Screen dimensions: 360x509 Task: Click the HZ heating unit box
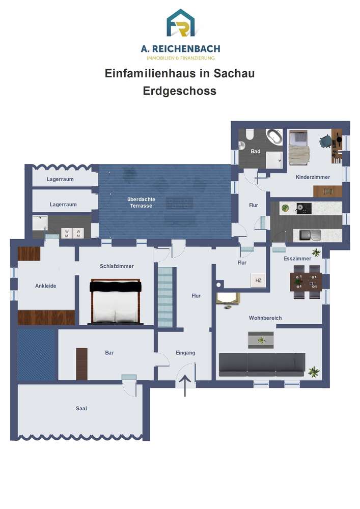(x=258, y=280)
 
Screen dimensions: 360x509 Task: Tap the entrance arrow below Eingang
(x=185, y=386)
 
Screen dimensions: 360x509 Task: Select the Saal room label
(x=81, y=408)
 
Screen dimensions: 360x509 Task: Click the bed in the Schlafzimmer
(x=116, y=301)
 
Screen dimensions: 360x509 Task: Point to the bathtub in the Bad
(x=274, y=136)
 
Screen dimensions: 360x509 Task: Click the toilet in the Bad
(x=250, y=134)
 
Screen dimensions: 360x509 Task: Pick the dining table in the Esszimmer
(x=306, y=282)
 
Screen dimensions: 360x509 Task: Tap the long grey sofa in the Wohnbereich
(x=262, y=364)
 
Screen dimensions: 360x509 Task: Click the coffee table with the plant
(x=261, y=340)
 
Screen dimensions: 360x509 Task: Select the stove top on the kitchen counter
(x=303, y=208)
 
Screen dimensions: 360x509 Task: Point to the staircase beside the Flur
(x=165, y=297)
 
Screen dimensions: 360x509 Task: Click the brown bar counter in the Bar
(x=82, y=363)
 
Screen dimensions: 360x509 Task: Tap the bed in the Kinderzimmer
(x=299, y=148)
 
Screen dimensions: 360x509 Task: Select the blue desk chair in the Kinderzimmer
(x=325, y=141)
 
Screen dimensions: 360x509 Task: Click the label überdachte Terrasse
(x=141, y=202)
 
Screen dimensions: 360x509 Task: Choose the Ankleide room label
(x=46, y=286)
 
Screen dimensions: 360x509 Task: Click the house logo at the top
(x=180, y=23)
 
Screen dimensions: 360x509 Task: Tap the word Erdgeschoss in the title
(x=180, y=91)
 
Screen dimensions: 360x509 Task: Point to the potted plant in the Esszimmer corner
(x=316, y=252)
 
